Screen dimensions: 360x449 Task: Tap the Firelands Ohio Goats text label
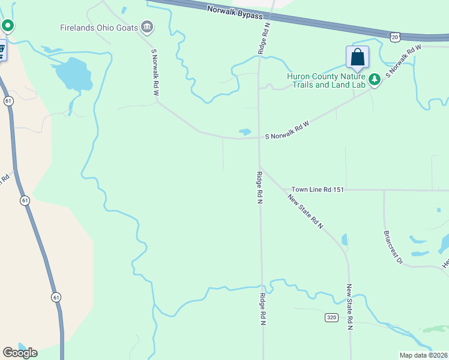[x=98, y=27]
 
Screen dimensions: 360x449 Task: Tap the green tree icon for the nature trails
[x=374, y=80]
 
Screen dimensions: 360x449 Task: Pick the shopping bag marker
[x=357, y=58]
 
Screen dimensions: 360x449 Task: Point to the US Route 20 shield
[x=394, y=37]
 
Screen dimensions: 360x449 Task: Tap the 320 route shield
[x=332, y=317]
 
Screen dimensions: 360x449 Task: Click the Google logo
[x=20, y=352]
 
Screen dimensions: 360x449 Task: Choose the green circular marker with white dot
[x=7, y=26]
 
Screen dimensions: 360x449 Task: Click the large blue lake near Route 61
[x=73, y=74]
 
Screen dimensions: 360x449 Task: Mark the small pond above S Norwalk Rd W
[x=244, y=131]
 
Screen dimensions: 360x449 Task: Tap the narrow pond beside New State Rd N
[x=344, y=240]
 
